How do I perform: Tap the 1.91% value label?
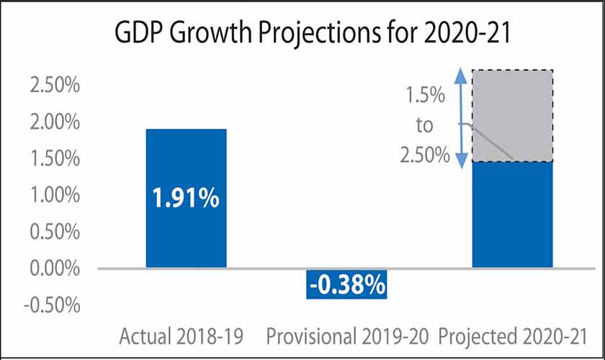click(x=186, y=198)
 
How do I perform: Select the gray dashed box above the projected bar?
click(x=512, y=115)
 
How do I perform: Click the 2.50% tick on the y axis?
click(x=53, y=85)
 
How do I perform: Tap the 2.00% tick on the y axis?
click(x=53, y=122)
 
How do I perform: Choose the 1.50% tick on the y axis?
click(x=53, y=158)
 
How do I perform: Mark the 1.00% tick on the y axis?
click(x=53, y=195)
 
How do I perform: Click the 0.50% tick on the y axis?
click(x=53, y=232)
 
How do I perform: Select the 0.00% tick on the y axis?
click(x=53, y=269)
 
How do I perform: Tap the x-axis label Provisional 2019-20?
click(x=347, y=336)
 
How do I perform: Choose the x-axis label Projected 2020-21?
click(x=513, y=336)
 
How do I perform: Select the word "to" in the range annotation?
click(x=424, y=125)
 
